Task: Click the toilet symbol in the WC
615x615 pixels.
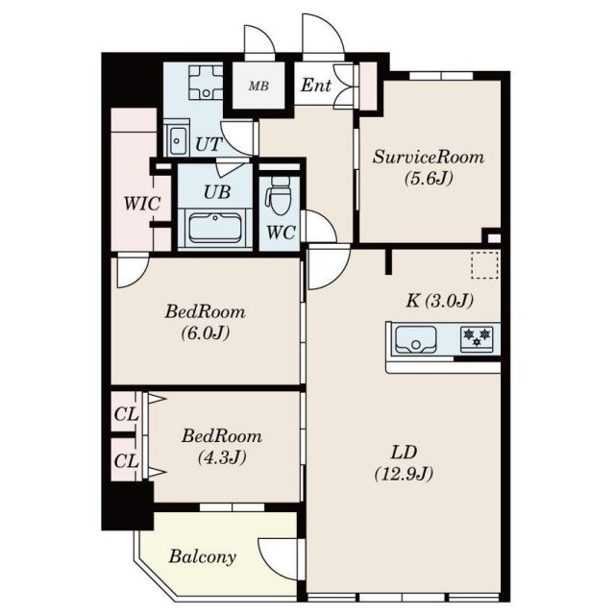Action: coord(279,195)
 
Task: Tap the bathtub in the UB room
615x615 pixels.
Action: coord(215,229)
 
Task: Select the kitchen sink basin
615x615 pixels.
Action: coord(416,339)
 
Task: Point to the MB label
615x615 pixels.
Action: coord(258,86)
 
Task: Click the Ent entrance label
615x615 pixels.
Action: coord(316,86)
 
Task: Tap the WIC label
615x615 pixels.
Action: coord(141,204)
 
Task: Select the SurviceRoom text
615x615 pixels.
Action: coord(429,157)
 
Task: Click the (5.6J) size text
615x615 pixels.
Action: coord(429,179)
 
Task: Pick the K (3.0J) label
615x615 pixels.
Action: coord(439,301)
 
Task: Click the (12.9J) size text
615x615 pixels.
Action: coord(404,474)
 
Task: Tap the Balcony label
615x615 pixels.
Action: coord(203,557)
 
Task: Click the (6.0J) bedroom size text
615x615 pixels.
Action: coord(205,333)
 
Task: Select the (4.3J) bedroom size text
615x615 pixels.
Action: coord(222,457)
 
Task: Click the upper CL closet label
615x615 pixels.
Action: coord(126,414)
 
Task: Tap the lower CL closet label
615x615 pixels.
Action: coord(126,461)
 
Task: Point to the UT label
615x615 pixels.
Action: coord(209,145)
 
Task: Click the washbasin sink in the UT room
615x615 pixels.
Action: coord(177,141)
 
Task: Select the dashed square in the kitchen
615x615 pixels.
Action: coord(485,265)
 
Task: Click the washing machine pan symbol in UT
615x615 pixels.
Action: coord(206,82)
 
